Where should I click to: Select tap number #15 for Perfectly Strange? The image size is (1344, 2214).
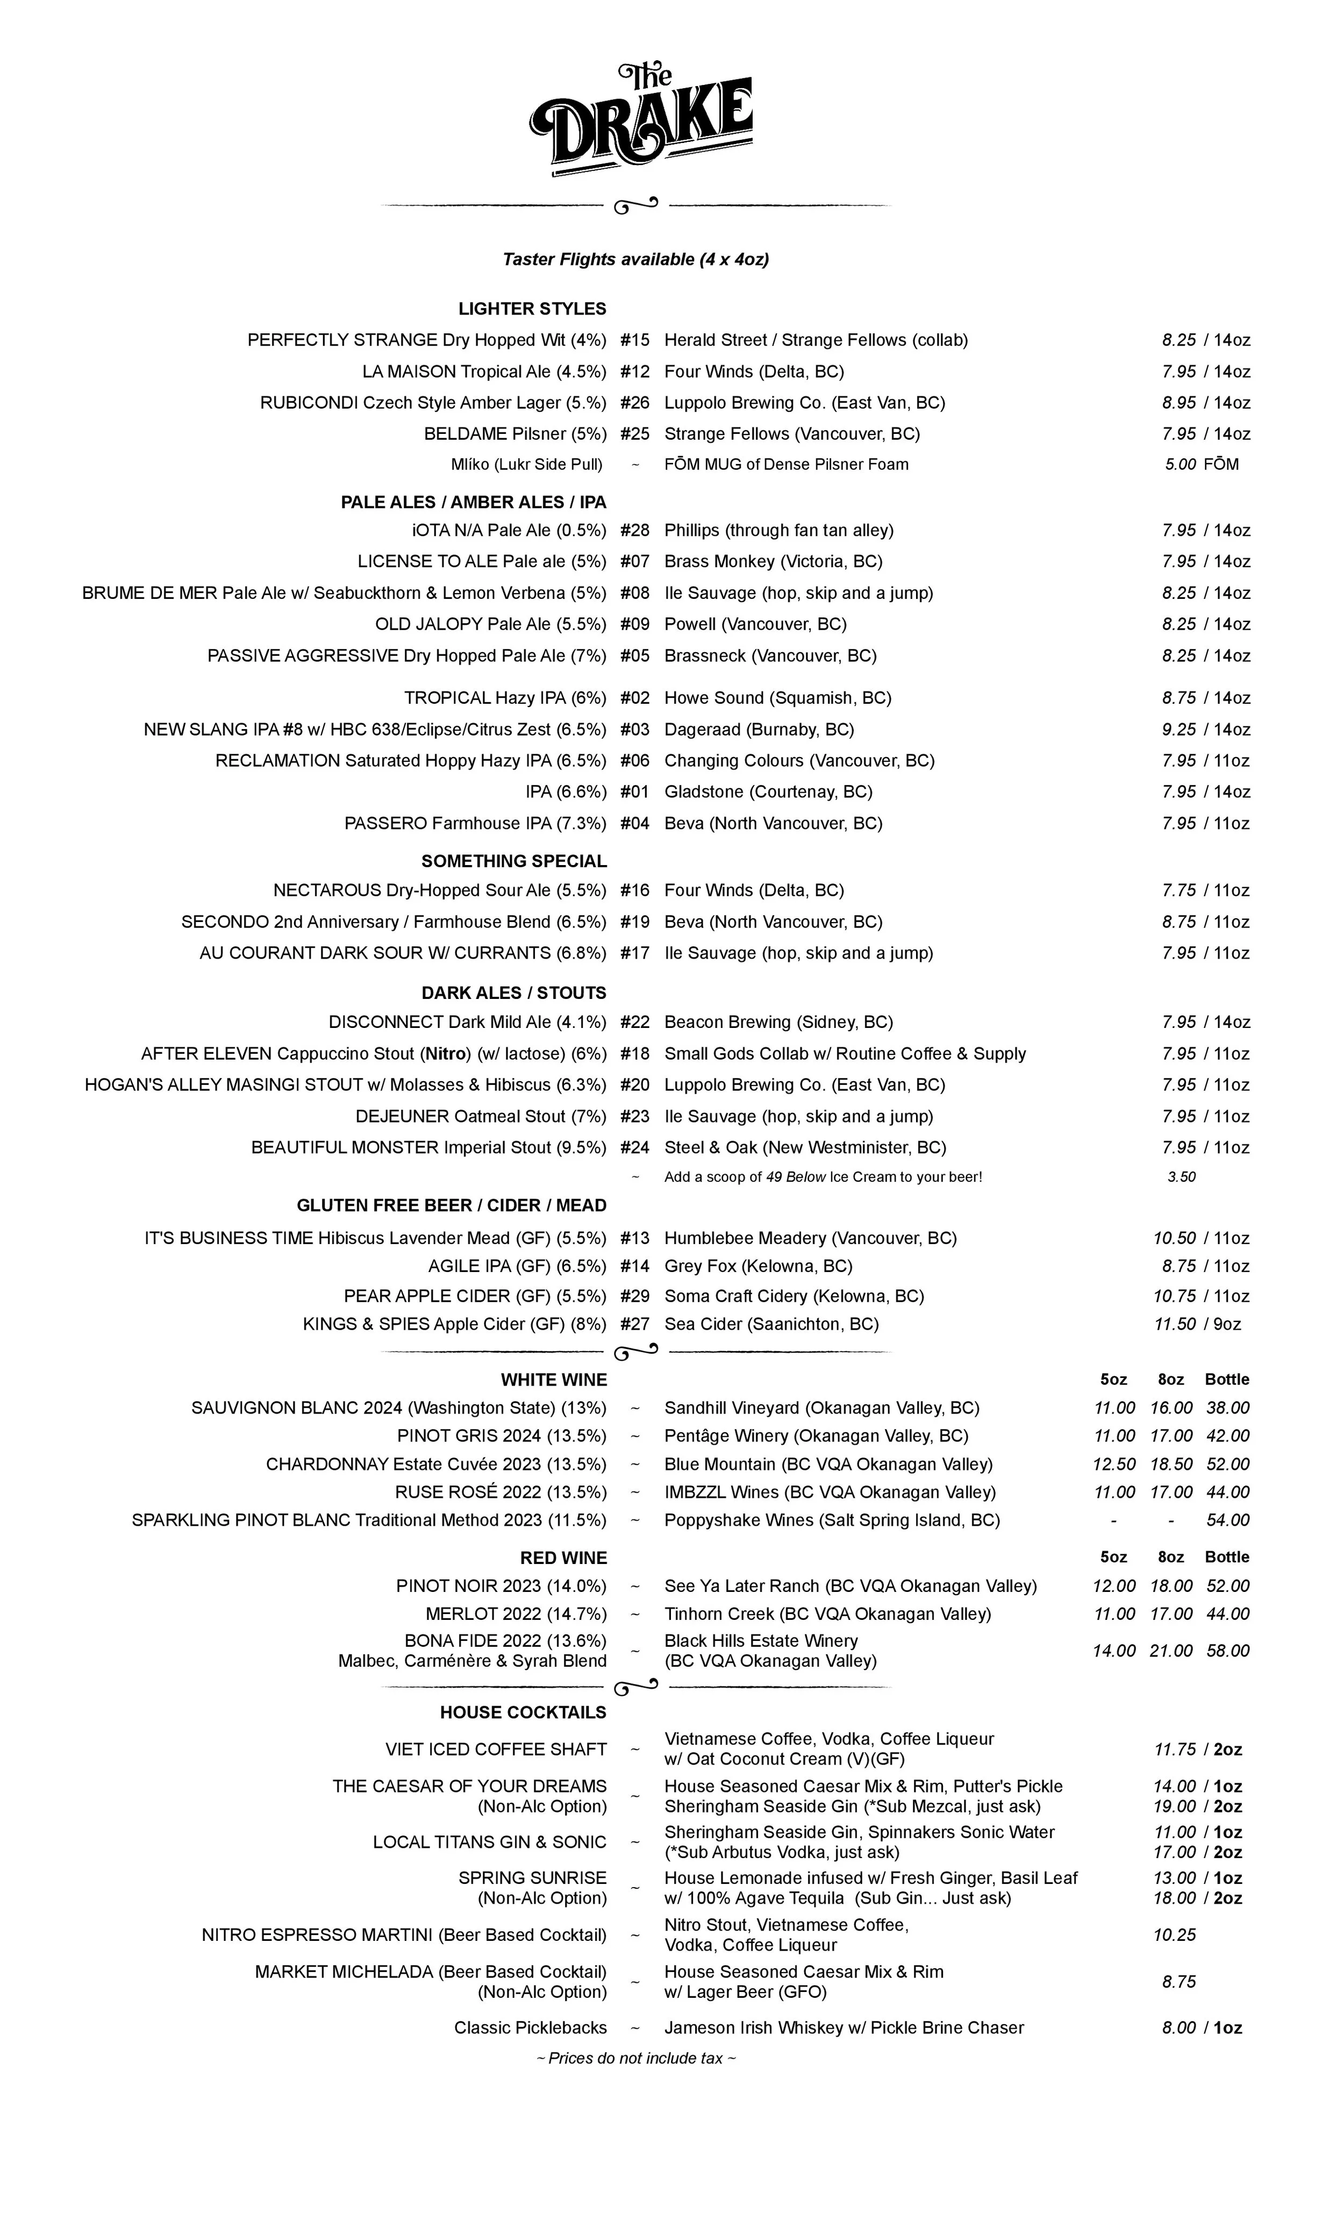pos(634,340)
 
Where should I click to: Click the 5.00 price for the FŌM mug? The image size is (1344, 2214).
pos(1179,465)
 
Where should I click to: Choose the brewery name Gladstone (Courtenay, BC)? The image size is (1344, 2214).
pos(768,791)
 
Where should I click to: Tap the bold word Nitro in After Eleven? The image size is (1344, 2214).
pos(447,1054)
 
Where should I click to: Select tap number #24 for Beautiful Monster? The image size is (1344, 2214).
pos(634,1147)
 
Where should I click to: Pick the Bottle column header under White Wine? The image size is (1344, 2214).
pos(1226,1379)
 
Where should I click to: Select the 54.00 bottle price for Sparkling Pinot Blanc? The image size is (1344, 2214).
pos(1227,1520)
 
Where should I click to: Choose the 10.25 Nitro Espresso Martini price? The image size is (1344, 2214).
pos(1174,1934)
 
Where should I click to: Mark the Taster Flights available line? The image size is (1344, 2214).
pos(635,260)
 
